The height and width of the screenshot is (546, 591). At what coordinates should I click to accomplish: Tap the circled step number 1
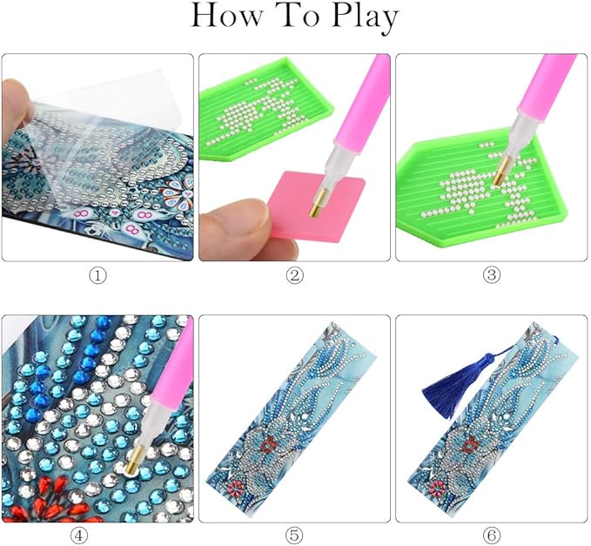point(97,276)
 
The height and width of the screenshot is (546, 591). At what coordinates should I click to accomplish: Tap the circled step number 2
point(295,276)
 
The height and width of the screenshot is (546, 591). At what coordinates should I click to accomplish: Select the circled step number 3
point(492,276)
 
